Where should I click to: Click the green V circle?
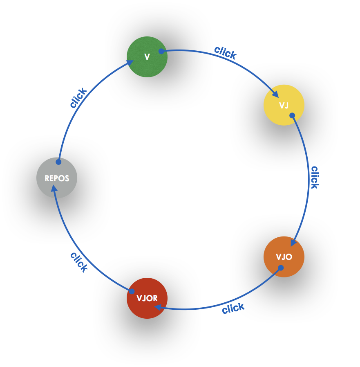pyautogui.click(x=147, y=57)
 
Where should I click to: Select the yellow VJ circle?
pyautogui.click(x=284, y=105)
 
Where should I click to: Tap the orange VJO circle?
pyautogui.click(x=284, y=257)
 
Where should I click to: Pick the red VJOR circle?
pyautogui.click(x=147, y=298)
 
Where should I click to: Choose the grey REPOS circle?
pyautogui.click(x=57, y=178)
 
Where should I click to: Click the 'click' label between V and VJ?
pyautogui.click(x=225, y=52)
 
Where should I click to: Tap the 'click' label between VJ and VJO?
pyautogui.click(x=314, y=177)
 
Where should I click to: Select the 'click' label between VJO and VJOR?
pyautogui.click(x=233, y=308)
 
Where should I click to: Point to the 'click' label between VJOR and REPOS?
pyautogui.click(x=79, y=262)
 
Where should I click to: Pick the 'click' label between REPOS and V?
pyautogui.click(x=78, y=98)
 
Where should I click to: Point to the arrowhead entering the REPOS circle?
pyautogui.click(x=54, y=188)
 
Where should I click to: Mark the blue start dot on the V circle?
pyautogui.click(x=161, y=51)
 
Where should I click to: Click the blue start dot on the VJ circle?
pyautogui.click(x=292, y=115)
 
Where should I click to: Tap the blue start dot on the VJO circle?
pyautogui.click(x=281, y=268)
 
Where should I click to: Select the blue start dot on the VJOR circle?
pyautogui.click(x=132, y=291)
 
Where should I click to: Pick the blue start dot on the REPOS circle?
pyautogui.click(x=58, y=162)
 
